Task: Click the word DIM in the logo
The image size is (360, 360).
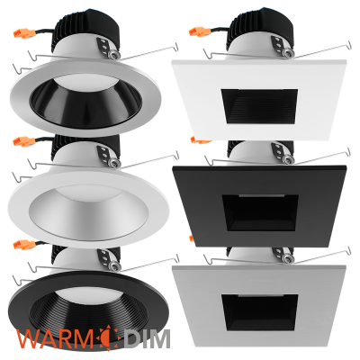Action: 147,338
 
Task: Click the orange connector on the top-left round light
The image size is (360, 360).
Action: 24,33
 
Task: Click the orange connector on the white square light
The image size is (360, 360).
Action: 200,31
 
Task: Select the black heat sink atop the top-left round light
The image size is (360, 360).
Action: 87,25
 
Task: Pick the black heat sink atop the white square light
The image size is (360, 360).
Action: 262,24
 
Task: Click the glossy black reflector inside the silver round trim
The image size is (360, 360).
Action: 86,103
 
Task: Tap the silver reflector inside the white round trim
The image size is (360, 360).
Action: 89,210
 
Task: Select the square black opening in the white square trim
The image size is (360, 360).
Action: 260,106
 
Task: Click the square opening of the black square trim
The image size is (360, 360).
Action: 260,213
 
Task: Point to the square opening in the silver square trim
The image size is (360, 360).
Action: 260,312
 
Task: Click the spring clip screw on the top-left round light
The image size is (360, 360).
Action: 114,54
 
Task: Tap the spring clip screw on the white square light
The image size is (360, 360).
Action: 289,51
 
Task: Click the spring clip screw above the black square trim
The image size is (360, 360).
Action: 289,158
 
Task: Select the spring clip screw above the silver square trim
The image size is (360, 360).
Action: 289,258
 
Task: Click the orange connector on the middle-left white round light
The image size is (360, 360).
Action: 24,141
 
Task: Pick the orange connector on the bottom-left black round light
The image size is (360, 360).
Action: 24,245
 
